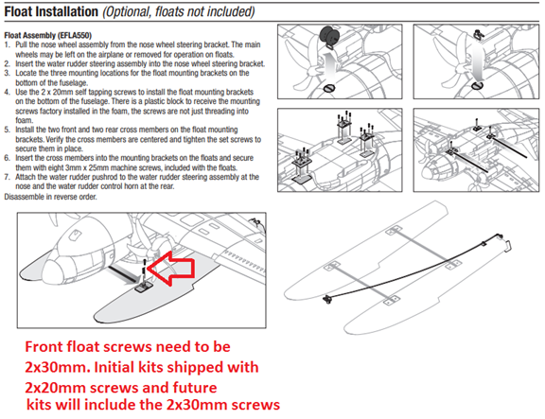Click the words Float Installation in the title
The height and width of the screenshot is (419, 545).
(63, 12)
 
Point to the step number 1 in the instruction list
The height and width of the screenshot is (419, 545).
(7, 44)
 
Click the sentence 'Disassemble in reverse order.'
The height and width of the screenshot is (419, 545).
(59, 196)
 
